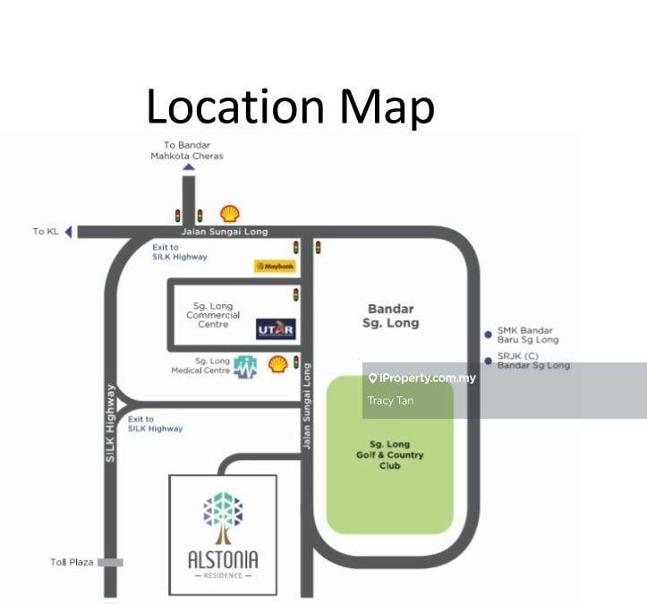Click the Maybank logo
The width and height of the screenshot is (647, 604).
point(274,266)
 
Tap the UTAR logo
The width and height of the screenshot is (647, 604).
point(275,329)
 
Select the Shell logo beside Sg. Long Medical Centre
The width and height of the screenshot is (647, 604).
point(278,363)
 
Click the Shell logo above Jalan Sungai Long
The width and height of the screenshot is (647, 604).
point(230,214)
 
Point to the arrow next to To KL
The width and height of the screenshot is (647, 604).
point(69,232)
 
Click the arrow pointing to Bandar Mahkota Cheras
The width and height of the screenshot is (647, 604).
point(188,166)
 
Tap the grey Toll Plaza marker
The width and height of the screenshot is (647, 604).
point(110,562)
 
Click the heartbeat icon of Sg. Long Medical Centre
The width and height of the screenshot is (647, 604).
point(246,366)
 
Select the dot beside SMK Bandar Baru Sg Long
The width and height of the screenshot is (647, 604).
point(488,335)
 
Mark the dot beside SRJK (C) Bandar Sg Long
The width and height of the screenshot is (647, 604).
point(488,361)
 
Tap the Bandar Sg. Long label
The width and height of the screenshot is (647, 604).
point(391,316)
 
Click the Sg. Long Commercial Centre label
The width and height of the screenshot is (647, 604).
point(213,315)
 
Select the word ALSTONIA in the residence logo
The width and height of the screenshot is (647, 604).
point(223,559)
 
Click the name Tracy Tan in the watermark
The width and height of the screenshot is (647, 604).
point(391,400)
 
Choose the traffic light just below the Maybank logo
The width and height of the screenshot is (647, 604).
point(296,294)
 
